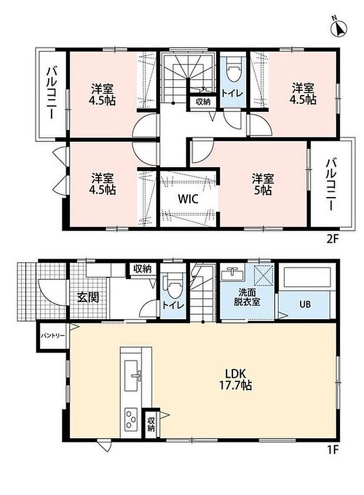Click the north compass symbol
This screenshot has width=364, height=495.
[338, 28]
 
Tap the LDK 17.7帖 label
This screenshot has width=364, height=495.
[235, 379]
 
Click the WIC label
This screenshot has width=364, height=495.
[188, 199]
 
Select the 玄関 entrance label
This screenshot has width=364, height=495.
[88, 297]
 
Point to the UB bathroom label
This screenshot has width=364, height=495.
[305, 304]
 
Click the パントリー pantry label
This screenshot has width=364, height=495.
[52, 335]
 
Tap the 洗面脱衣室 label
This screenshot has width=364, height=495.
[247, 297]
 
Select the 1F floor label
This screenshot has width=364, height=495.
[333, 449]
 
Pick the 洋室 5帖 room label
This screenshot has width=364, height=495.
[263, 184]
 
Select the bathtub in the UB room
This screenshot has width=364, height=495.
[307, 277]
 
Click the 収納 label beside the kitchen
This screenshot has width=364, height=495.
[151, 424]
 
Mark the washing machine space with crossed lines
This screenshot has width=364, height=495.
[264, 274]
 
